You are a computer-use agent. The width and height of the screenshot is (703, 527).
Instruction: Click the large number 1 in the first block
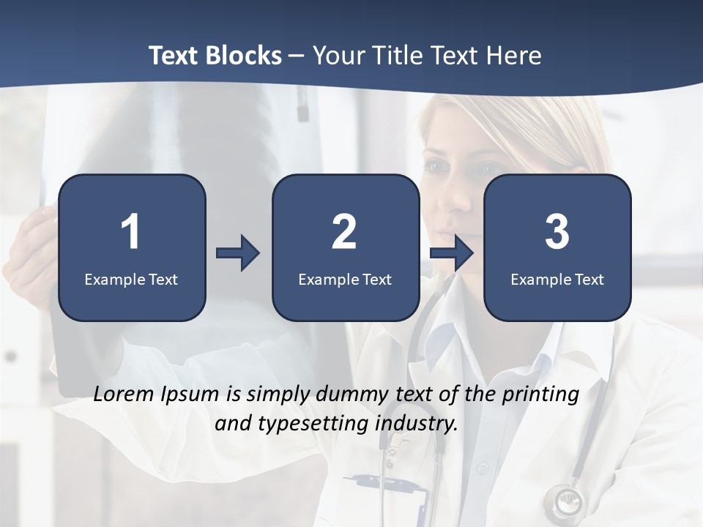(x=130, y=232)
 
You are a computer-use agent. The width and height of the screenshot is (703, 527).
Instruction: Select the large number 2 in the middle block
(x=344, y=232)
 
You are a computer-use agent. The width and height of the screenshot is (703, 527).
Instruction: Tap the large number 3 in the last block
(x=557, y=232)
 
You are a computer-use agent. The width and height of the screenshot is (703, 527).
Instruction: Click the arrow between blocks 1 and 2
(x=238, y=253)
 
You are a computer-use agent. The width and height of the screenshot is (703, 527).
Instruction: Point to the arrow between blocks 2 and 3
(x=451, y=253)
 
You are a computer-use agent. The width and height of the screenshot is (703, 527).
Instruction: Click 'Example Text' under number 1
(x=131, y=280)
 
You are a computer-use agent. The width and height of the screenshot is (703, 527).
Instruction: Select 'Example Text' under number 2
(x=345, y=280)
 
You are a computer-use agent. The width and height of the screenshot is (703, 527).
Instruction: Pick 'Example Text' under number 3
(x=557, y=280)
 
